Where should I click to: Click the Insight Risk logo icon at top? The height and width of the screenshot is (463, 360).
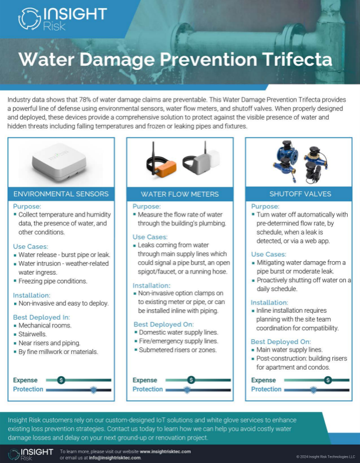pyautogui.click(x=29, y=18)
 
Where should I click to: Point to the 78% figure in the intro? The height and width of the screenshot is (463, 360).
pyautogui.click(x=85, y=100)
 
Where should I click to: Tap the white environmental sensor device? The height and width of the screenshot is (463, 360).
pyautogui.click(x=59, y=161)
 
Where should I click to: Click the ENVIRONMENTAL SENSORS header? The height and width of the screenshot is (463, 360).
pyautogui.click(x=61, y=194)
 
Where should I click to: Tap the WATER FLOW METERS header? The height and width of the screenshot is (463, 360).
pyautogui.click(x=180, y=194)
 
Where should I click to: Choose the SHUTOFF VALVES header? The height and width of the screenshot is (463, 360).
pyautogui.click(x=300, y=194)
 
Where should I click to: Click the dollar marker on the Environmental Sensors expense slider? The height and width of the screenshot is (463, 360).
pyautogui.click(x=61, y=380)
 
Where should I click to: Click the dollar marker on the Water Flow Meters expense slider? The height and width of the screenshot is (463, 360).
pyautogui.click(x=191, y=380)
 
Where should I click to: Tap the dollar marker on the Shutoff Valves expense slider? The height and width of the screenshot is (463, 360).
pyautogui.click(x=328, y=380)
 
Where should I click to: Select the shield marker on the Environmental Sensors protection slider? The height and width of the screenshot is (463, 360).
pyautogui.click(x=93, y=390)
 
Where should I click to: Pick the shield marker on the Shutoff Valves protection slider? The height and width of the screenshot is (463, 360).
pyautogui.click(x=313, y=390)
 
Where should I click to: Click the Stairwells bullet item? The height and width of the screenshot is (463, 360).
pyautogui.click(x=32, y=334)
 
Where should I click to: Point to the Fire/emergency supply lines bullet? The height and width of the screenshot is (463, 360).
pyautogui.click(x=179, y=341)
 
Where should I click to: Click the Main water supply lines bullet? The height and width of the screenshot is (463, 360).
pyautogui.click(x=290, y=350)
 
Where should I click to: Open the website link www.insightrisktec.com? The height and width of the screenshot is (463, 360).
pyautogui.click(x=165, y=451)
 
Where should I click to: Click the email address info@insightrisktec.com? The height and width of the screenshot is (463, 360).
pyautogui.click(x=115, y=458)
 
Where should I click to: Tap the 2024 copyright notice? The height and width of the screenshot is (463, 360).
pyautogui.click(x=325, y=457)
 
